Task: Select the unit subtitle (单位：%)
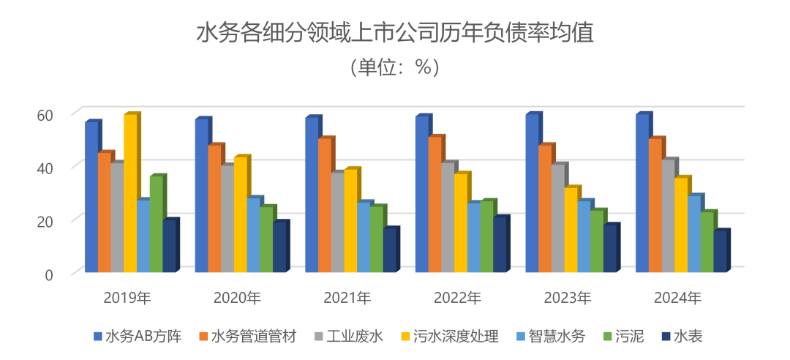point(394,67)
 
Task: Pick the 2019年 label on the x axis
point(127,298)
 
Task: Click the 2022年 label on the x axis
point(457,298)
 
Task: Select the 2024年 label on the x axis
point(677,298)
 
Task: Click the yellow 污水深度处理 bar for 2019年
point(130,194)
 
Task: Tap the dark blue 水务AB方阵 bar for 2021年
point(311,195)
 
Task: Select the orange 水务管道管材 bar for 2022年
point(434,205)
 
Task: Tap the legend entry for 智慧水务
point(551,337)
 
